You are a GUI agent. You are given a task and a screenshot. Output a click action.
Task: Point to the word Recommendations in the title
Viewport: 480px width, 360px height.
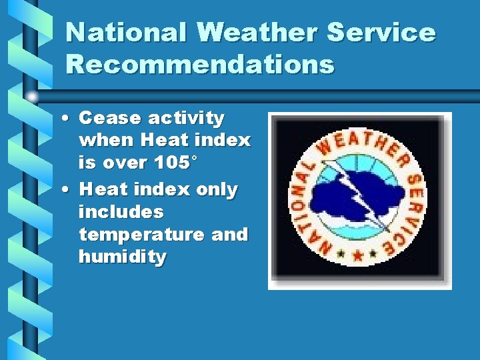200,65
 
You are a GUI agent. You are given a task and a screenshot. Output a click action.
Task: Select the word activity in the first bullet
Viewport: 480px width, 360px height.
186,119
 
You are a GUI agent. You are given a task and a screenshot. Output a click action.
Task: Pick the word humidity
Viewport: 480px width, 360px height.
122,257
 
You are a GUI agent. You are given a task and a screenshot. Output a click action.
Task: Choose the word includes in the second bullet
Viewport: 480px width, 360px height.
121,212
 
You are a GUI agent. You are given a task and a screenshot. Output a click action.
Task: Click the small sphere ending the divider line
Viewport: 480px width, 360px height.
31,97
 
